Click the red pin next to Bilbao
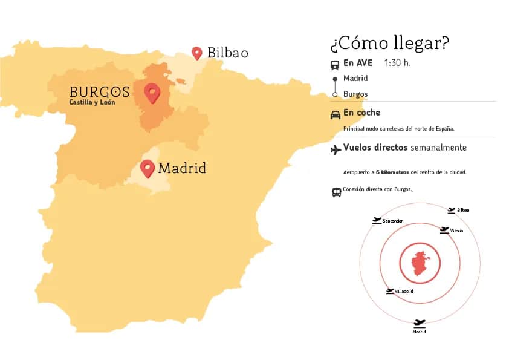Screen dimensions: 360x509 [196, 53]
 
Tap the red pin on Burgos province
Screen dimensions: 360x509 [152, 93]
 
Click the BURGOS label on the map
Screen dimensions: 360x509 [99, 92]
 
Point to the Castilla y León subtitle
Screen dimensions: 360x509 [92, 102]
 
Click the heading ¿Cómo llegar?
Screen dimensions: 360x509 [389, 44]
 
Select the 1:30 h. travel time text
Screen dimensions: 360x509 [397, 63]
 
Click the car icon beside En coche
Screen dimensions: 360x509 [335, 115]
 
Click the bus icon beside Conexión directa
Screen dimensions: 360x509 [336, 192]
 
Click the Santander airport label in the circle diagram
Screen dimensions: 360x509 [393, 221]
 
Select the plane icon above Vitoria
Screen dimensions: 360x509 [444, 229]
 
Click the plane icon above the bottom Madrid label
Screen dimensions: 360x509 [420, 323]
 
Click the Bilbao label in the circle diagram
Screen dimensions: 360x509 [463, 211]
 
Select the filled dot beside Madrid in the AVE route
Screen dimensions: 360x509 [335, 79]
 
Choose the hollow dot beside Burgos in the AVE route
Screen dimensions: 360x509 [335, 94]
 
